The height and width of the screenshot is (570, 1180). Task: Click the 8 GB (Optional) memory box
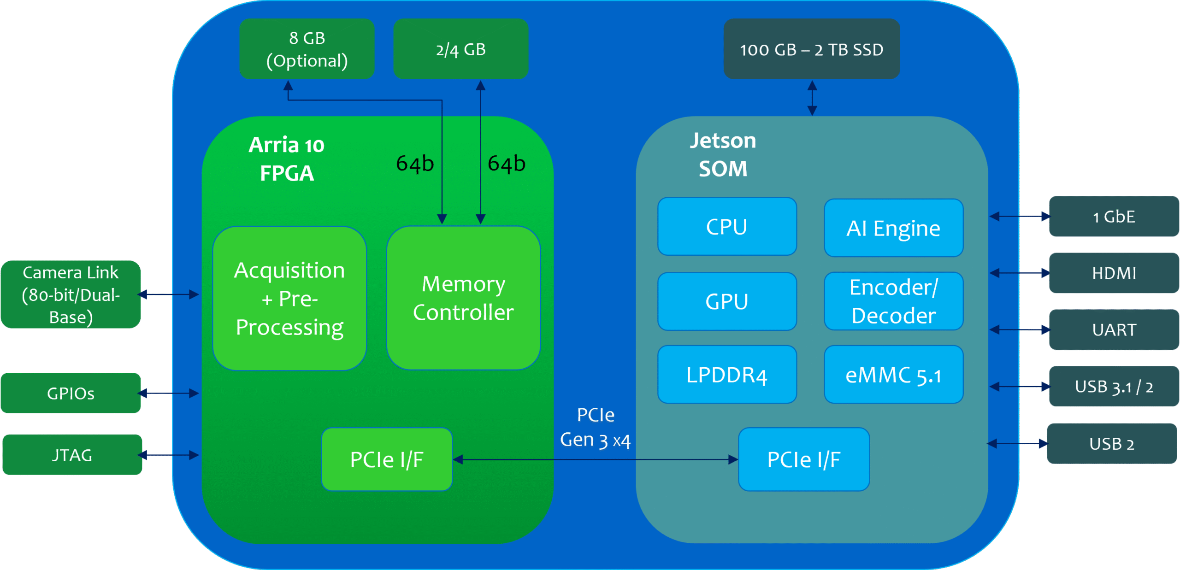pyautogui.click(x=307, y=49)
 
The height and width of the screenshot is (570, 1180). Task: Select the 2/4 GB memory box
pyautogui.click(x=460, y=49)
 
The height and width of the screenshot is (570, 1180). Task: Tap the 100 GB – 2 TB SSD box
pyautogui.click(x=811, y=49)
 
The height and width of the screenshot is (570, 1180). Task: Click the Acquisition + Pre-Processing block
pyautogui.click(x=289, y=299)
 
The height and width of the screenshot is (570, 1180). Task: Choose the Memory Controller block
pyautogui.click(x=463, y=298)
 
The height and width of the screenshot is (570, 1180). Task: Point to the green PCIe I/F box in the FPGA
pyautogui.click(x=387, y=459)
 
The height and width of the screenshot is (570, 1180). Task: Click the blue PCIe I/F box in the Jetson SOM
pyautogui.click(x=803, y=459)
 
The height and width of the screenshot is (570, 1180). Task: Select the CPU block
pyautogui.click(x=727, y=227)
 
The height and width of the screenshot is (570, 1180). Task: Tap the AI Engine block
pyautogui.click(x=893, y=228)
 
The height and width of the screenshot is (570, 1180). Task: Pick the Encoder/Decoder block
pyautogui.click(x=893, y=301)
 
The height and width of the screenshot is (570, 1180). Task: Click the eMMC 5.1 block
pyautogui.click(x=893, y=375)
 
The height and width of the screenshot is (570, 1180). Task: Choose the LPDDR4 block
pyautogui.click(x=727, y=375)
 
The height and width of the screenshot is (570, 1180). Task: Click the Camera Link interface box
pyautogui.click(x=71, y=294)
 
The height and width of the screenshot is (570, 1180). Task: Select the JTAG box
pyautogui.click(x=72, y=455)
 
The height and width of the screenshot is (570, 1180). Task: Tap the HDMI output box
pyautogui.click(x=1114, y=273)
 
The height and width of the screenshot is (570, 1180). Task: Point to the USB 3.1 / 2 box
pyautogui.click(x=1114, y=386)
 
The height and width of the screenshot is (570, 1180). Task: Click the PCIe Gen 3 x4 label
pyautogui.click(x=595, y=428)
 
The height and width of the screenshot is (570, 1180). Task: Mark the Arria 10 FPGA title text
pyautogui.click(x=286, y=159)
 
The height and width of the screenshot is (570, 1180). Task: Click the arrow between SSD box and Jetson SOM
pyautogui.click(x=812, y=98)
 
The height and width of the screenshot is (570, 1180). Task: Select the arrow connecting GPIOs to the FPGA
pyautogui.click(x=168, y=393)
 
